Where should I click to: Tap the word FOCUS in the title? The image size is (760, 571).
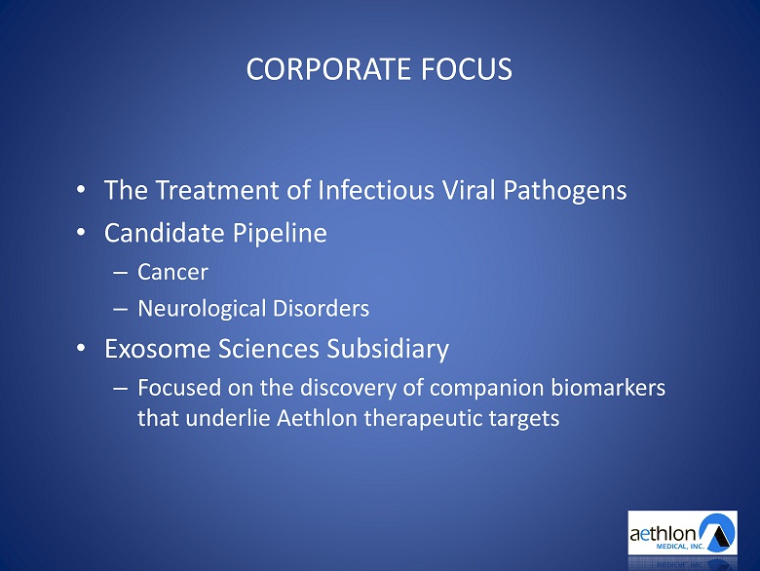click(x=467, y=69)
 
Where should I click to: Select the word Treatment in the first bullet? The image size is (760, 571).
click(x=216, y=190)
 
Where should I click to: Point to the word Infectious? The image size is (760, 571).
click(x=376, y=190)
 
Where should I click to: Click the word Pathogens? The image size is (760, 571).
click(x=565, y=190)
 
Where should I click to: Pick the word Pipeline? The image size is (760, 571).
click(x=280, y=233)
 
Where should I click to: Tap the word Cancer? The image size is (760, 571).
click(x=172, y=272)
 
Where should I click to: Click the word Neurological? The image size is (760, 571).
click(x=202, y=309)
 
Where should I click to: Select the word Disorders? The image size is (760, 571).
click(x=321, y=308)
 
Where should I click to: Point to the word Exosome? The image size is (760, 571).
click(x=158, y=349)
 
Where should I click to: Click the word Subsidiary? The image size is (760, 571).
click(x=388, y=349)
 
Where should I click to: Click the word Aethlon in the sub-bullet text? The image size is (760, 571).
click(x=317, y=418)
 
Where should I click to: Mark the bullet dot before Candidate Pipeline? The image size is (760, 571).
click(x=81, y=232)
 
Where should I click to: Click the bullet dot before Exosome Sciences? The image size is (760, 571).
click(x=81, y=348)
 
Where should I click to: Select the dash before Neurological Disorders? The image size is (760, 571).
click(x=120, y=309)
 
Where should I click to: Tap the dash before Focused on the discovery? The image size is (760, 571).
click(x=120, y=388)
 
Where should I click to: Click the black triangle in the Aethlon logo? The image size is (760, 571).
click(x=719, y=536)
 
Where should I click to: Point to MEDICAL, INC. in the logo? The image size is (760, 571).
click(x=680, y=547)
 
